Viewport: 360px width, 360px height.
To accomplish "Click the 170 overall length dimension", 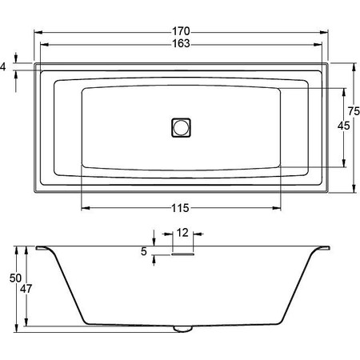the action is (181, 31).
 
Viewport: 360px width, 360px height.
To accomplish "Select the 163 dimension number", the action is (181, 43).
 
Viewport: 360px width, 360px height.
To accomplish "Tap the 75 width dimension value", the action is (354, 111).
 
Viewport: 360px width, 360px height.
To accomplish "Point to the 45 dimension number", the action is (343, 126).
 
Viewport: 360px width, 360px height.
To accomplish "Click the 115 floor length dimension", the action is (180, 208).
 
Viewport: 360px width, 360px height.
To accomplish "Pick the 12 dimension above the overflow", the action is (182, 233).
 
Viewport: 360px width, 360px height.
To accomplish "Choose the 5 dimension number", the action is (144, 251).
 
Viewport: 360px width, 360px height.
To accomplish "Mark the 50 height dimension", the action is (15, 278).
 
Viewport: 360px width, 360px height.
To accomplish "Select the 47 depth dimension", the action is (26, 289).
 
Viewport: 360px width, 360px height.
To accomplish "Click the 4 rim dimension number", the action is (2, 66).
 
